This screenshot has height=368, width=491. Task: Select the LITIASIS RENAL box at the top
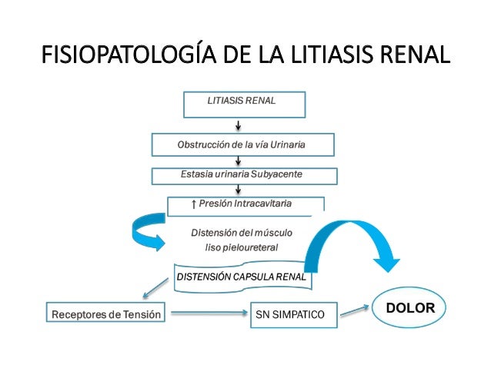tap(244, 103)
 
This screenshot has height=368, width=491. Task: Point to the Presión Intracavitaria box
tap(245, 204)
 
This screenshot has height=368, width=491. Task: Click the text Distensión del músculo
tap(241, 232)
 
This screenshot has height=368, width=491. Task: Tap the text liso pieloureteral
tap(241, 247)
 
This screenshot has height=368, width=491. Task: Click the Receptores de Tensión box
tap(106, 314)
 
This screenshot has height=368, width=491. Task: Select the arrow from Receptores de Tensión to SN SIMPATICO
tap(207, 313)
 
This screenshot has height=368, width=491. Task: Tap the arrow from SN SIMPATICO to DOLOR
tap(355, 310)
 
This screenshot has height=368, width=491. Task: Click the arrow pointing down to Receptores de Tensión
tap(154, 289)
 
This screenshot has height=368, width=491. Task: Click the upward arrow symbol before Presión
tap(192, 204)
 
